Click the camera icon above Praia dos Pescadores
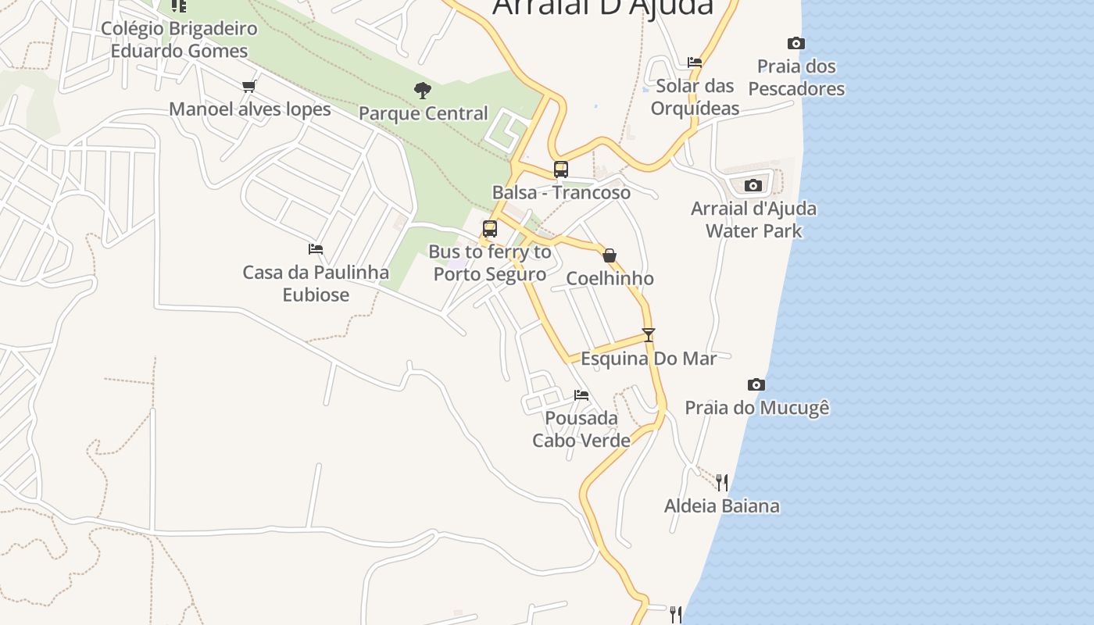click(x=795, y=44)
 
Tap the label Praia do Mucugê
click(x=756, y=408)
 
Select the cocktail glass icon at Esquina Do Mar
click(x=648, y=335)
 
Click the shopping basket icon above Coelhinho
click(x=610, y=255)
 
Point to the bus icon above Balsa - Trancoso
click(x=560, y=169)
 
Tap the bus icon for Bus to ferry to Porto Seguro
click(x=490, y=229)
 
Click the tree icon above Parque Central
click(x=423, y=91)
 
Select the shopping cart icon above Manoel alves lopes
click(x=249, y=87)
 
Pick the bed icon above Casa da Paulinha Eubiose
click(x=316, y=249)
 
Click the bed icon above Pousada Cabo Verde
click(x=581, y=395)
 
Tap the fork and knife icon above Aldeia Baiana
click(x=722, y=483)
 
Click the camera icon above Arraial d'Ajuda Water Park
click(x=753, y=186)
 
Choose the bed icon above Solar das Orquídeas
click(x=695, y=62)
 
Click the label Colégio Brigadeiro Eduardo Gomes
click(x=179, y=40)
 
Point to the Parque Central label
click(x=423, y=113)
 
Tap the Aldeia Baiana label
click(x=721, y=506)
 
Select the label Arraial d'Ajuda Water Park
click(x=753, y=220)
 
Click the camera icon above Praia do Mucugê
click(x=756, y=385)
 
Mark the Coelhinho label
click(x=610, y=279)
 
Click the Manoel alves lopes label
click(x=250, y=109)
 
